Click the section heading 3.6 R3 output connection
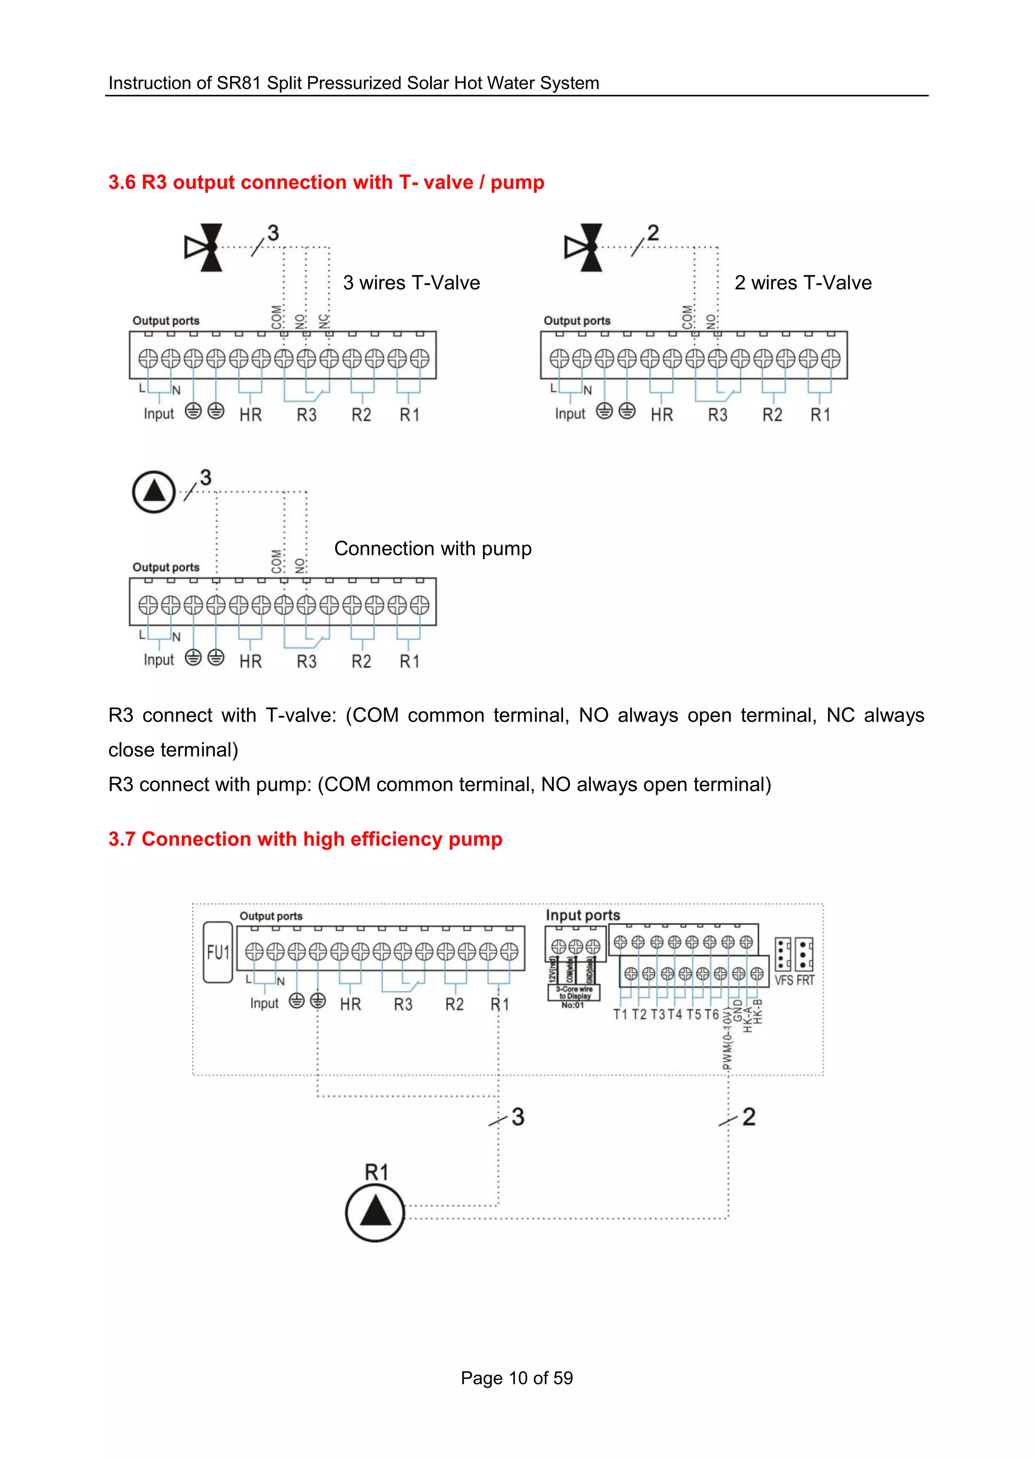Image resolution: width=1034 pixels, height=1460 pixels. point(326,182)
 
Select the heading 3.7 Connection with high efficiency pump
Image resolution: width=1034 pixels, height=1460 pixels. point(305,839)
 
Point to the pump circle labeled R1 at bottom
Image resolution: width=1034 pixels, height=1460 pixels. point(375,1212)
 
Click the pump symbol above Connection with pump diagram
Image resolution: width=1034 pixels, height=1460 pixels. point(153,492)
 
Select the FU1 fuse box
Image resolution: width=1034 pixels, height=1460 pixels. point(218,952)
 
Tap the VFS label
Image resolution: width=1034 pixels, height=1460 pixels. point(784,980)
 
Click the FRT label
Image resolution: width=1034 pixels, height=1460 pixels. point(805,980)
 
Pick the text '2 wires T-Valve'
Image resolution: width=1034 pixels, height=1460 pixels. point(803,283)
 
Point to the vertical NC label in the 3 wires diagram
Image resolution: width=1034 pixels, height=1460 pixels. point(324,320)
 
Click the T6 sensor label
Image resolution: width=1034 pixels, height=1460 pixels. point(711,1014)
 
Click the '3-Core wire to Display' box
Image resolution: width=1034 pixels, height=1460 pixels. point(574,993)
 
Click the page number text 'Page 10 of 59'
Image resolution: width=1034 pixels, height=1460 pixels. point(516,1378)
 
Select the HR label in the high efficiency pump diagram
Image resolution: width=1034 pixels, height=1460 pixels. point(350,1004)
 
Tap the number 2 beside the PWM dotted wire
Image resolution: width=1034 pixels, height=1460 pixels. point(749,1117)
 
